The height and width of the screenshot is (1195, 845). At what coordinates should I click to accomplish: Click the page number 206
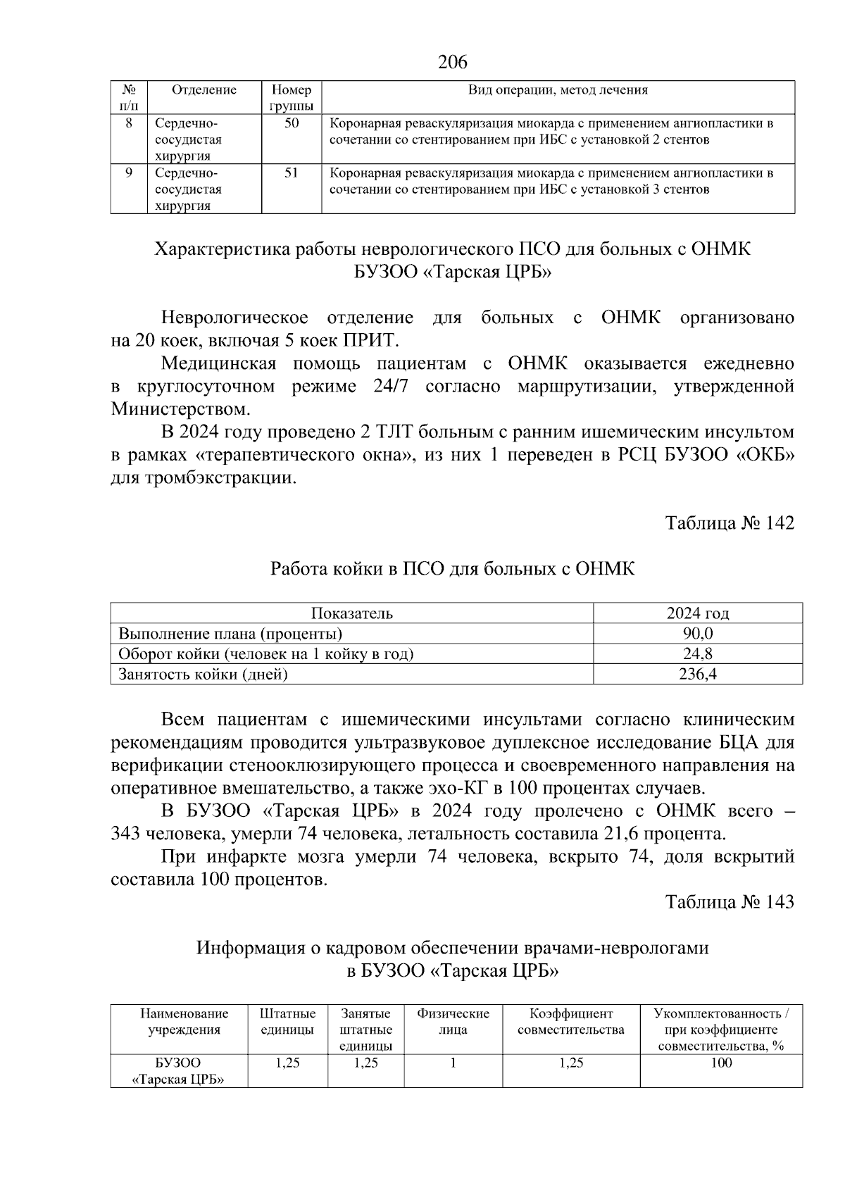[452, 63]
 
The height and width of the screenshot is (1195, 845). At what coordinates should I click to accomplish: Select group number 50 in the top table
[292, 124]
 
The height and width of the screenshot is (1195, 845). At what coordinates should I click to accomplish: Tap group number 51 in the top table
[292, 173]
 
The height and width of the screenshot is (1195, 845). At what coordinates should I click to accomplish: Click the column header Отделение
[204, 90]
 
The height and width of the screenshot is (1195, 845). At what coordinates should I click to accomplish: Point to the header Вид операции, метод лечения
[558, 90]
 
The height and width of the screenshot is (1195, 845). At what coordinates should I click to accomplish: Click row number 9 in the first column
[129, 173]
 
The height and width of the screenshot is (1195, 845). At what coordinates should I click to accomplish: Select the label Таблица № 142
[730, 523]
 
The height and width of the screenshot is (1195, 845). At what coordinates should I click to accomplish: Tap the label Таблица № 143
[730, 902]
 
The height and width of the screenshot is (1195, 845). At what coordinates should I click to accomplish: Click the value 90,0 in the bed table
[697, 633]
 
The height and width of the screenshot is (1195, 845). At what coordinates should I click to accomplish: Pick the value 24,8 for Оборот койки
[697, 653]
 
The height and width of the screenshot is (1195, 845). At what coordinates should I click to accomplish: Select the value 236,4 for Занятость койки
[697, 674]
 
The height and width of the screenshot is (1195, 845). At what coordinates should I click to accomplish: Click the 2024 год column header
[697, 613]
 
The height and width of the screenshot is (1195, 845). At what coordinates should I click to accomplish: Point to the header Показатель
[352, 613]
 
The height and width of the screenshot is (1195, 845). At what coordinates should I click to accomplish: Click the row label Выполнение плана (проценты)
[230, 633]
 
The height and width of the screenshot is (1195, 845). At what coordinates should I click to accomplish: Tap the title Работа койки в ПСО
[452, 569]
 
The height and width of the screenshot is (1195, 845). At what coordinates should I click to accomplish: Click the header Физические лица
[453, 1022]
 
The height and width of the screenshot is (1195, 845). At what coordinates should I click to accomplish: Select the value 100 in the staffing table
[721, 1063]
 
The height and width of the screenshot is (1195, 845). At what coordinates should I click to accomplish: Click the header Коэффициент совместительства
[570, 1022]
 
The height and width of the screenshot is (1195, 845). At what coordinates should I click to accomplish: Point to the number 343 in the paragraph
[126, 834]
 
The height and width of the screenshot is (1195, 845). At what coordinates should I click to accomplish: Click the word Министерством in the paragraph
[180, 409]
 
